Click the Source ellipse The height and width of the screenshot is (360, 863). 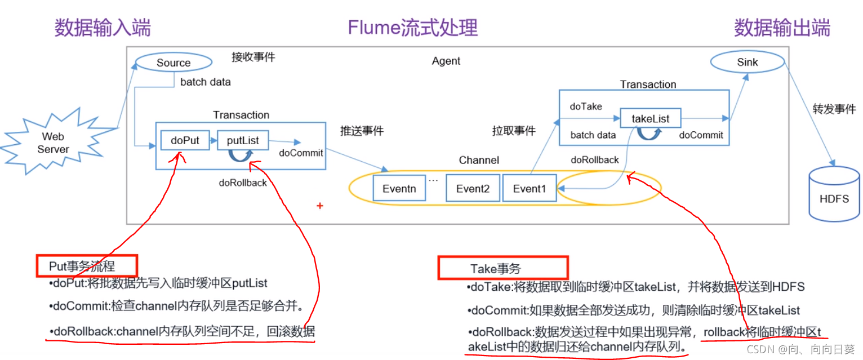click(x=174, y=63)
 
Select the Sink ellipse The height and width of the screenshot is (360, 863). click(x=748, y=62)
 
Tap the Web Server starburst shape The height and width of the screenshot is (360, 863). click(x=54, y=143)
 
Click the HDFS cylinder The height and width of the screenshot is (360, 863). click(x=834, y=194)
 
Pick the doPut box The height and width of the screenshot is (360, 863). click(x=185, y=140)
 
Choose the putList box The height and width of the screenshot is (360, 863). click(x=243, y=140)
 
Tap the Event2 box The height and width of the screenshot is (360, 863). click(x=472, y=188)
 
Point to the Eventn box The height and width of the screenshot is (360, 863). click(x=399, y=188)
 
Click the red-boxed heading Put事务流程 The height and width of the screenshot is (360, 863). click(x=86, y=266)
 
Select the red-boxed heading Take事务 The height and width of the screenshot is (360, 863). click(x=502, y=268)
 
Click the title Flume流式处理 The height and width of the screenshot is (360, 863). click(x=412, y=27)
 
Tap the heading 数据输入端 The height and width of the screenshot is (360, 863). click(x=103, y=27)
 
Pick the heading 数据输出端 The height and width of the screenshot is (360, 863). click(x=782, y=27)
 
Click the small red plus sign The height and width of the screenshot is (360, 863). click(x=320, y=206)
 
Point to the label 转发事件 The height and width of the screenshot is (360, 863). click(x=834, y=109)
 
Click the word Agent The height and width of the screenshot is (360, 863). click(x=446, y=61)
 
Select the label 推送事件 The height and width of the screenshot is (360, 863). click(x=362, y=131)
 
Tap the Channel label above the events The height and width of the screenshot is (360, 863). click(x=479, y=160)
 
